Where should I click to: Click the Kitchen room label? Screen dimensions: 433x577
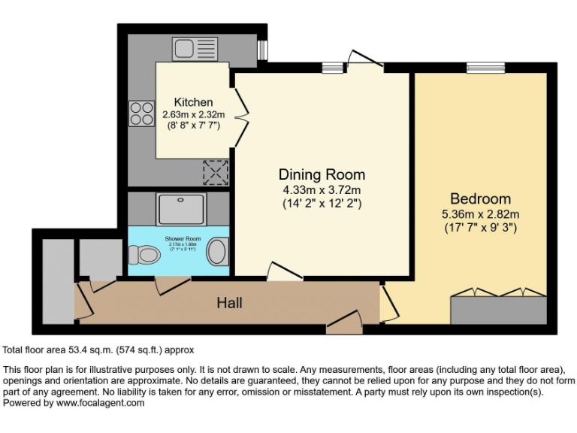(193, 102)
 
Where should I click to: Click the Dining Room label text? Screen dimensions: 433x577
(322, 174)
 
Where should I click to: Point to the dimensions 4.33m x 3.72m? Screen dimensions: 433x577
(322, 189)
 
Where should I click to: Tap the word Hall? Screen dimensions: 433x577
(229, 303)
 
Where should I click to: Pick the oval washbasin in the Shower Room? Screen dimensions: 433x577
(217, 252)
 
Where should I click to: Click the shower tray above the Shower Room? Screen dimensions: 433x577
(180, 208)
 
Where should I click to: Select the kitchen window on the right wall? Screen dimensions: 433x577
(262, 49)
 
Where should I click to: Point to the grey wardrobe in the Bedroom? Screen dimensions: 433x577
(498, 310)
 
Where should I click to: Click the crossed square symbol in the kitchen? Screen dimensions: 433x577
(216, 173)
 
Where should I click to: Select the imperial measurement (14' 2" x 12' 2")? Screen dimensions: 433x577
(322, 204)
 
